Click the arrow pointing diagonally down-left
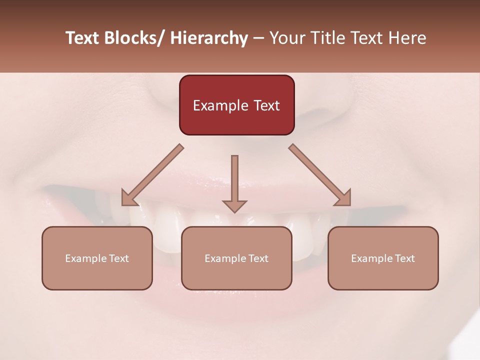[x=152, y=175]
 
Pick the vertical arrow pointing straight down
[x=234, y=182]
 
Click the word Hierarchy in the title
[x=209, y=38]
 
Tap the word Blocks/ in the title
[x=135, y=38]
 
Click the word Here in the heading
[x=407, y=38]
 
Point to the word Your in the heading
[x=287, y=38]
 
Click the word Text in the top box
[x=266, y=105]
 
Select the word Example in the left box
[x=86, y=258]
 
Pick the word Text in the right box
[x=404, y=258]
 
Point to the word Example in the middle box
[x=225, y=258]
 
